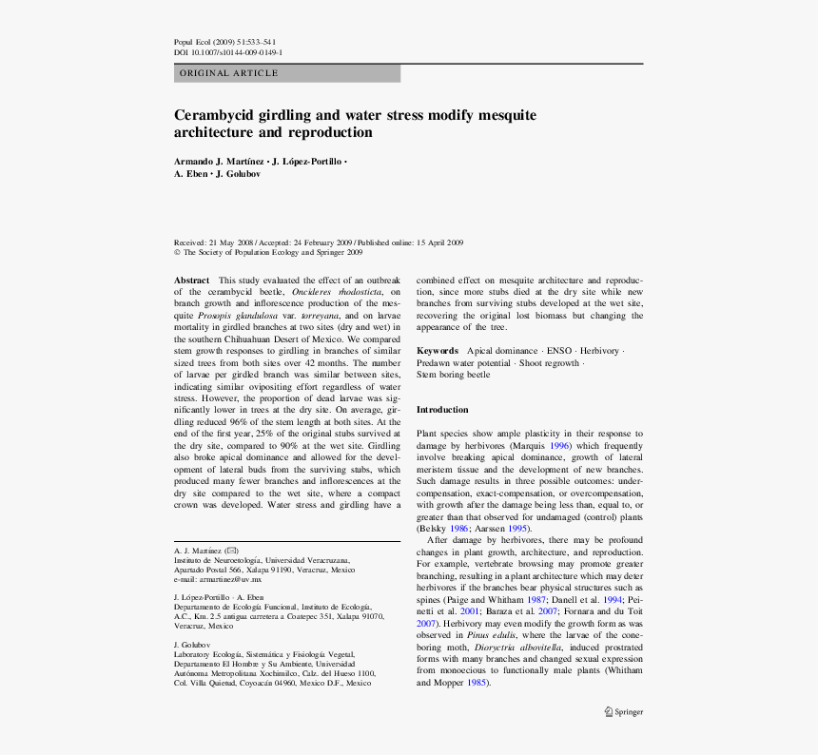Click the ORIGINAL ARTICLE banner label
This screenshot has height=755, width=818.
[229, 73]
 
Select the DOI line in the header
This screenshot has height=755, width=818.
[227, 53]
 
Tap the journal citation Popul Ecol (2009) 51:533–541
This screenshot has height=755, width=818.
[225, 43]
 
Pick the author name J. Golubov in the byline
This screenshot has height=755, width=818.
[238, 174]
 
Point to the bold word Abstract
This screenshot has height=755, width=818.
[191, 281]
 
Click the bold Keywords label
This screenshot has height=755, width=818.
[438, 351]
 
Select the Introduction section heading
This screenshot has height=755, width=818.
[442, 409]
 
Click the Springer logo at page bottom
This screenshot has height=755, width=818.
[624, 711]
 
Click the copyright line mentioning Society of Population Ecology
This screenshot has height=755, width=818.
[268, 253]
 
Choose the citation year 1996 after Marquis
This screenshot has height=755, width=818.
[561, 444]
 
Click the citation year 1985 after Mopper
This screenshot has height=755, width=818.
[477, 682]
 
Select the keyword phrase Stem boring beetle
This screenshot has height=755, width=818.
[454, 375]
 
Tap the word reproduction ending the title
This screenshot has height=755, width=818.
[325, 133]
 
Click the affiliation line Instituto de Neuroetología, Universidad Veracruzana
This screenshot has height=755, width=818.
[262, 560]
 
